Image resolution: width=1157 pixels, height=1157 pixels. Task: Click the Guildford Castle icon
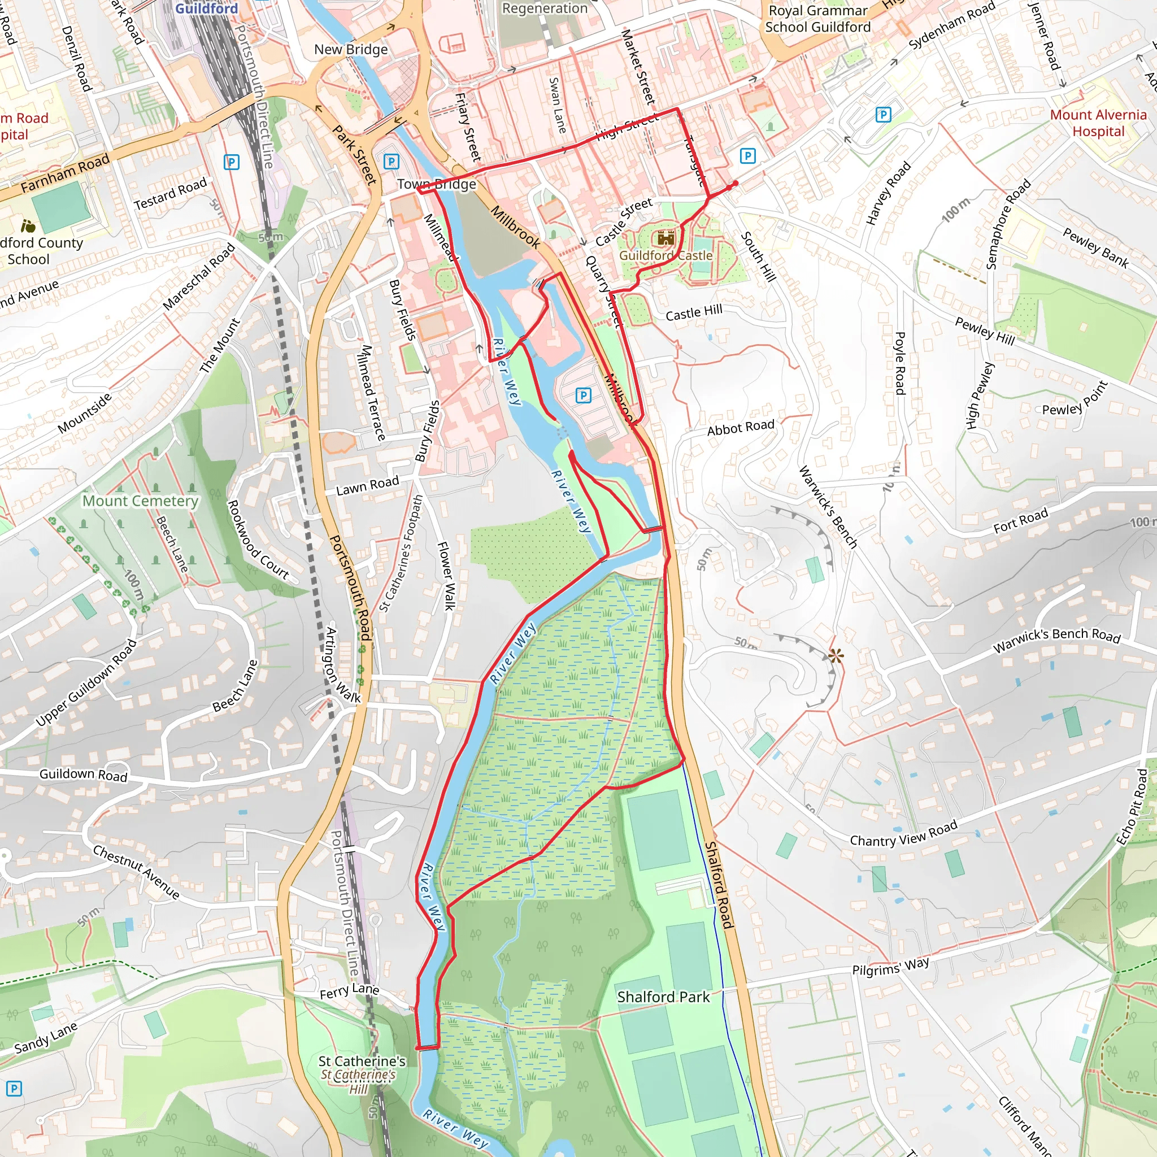coord(666,238)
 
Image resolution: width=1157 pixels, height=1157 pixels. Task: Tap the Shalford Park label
coord(663,997)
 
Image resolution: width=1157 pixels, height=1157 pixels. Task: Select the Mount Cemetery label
coord(140,501)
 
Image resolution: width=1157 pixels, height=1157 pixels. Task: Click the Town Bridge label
coord(437,184)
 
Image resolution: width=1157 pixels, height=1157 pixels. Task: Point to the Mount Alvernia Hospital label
coord(1098,123)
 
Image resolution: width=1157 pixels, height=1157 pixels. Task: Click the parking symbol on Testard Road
coord(231,162)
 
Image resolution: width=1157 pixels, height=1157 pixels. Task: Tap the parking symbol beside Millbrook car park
coord(582,395)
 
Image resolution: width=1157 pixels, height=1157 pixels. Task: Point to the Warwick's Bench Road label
coord(1056,641)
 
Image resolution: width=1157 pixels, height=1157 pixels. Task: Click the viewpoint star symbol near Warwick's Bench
coord(836,656)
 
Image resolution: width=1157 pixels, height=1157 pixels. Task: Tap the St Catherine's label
coord(362,1061)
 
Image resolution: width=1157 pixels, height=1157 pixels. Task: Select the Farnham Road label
coord(66,173)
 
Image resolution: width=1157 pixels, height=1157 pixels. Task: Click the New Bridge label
coord(351,50)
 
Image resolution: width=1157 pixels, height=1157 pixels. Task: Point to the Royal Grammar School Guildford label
coord(817,19)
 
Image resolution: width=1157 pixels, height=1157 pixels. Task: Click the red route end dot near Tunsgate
coord(736,184)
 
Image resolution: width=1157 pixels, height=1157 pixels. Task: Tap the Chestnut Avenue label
coord(136,872)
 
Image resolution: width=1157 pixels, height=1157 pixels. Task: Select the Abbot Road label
coord(740,428)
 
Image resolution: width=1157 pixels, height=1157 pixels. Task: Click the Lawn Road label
coord(367,485)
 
